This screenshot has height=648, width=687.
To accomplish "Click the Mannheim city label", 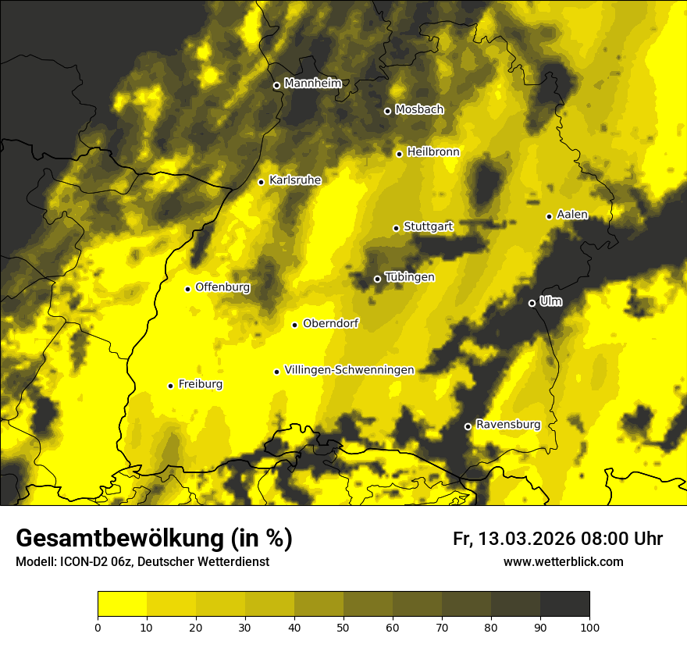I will coord(313,84).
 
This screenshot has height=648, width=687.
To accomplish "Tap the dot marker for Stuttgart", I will coord(396,228).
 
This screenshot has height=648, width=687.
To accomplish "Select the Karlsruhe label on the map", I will coord(295,180).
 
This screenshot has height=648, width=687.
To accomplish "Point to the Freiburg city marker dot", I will coord(171,386).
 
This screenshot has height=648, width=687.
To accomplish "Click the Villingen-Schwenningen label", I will coord(349,370).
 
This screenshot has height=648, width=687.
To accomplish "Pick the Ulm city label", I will coord(551,301).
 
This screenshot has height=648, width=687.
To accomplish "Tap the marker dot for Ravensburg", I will coord(468,426).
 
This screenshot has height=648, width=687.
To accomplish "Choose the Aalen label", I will coord(572,215).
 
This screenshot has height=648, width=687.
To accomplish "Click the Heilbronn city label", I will coord(433,152).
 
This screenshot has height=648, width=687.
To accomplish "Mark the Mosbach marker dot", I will coord(387,111).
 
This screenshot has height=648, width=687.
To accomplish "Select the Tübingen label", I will coord(410,277).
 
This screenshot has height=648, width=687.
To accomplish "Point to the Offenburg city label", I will coord(222,287).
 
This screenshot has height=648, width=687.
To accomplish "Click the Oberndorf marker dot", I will coord(294,325).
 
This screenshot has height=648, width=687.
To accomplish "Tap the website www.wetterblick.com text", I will coord(564,561).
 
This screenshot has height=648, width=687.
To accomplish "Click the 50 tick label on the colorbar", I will coord(343,627).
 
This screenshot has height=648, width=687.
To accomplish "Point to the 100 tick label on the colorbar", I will coord(589,627).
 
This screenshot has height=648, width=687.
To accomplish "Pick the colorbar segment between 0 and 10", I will coord(122,604).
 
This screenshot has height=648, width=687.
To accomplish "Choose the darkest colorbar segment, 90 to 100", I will coord(564,604).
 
